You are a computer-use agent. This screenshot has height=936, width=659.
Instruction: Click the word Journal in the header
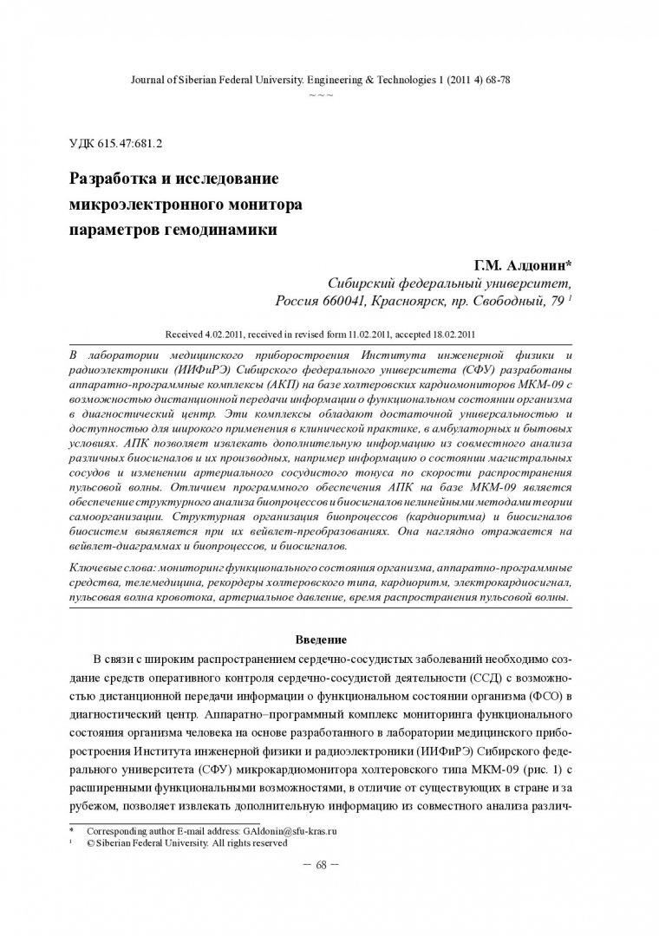point(147,79)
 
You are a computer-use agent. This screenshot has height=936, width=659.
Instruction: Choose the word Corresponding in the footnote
point(115,830)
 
